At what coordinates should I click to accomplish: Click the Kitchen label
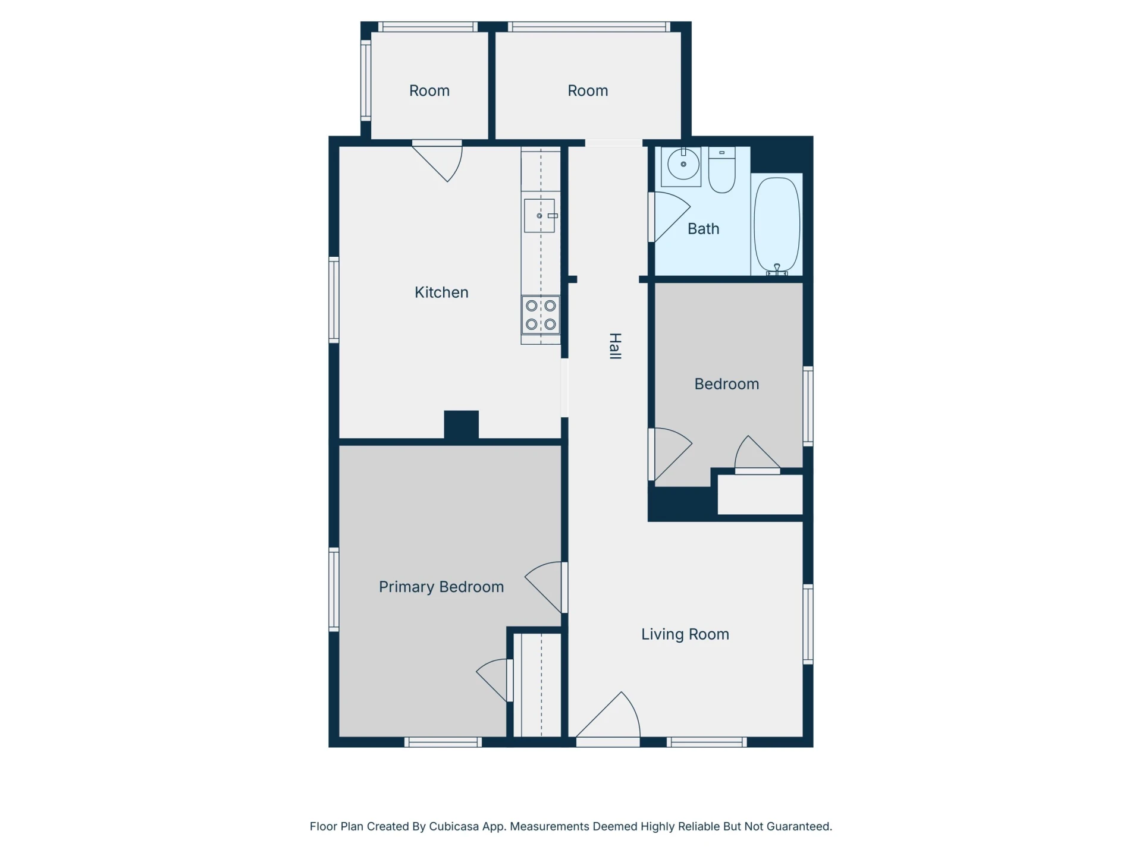click(x=441, y=292)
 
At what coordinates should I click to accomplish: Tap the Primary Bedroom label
click(x=441, y=587)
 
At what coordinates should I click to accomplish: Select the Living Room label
click(x=685, y=635)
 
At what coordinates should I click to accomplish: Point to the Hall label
click(x=615, y=346)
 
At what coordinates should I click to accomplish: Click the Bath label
click(x=704, y=229)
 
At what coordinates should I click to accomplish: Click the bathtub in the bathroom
click(x=777, y=225)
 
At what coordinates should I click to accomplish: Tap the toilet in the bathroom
click(x=722, y=170)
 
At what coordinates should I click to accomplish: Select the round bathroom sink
click(x=683, y=165)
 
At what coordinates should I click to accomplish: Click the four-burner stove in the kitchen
click(x=541, y=315)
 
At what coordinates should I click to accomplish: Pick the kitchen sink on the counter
click(x=539, y=216)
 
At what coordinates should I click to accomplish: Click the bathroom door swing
click(x=670, y=217)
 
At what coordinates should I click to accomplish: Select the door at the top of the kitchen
click(x=437, y=160)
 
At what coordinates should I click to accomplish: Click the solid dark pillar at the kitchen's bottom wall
click(x=462, y=426)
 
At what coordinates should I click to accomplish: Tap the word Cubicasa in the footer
click(x=454, y=827)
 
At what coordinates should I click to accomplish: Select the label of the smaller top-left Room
click(x=429, y=91)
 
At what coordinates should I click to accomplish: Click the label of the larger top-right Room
click(x=588, y=91)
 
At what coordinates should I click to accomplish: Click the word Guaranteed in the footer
click(x=799, y=827)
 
